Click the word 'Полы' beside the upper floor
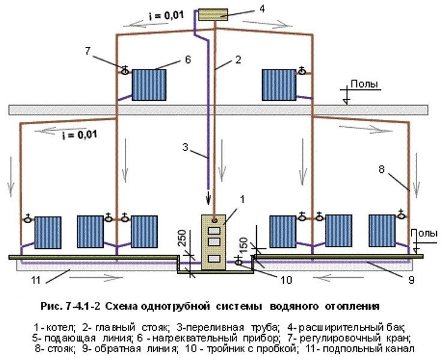point(364,85)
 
